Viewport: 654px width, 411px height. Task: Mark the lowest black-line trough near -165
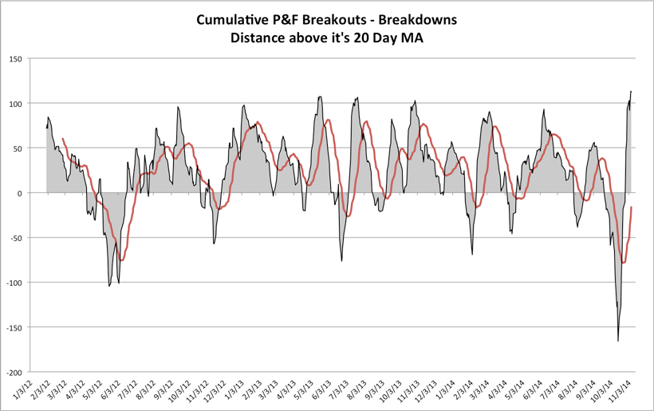point(618,341)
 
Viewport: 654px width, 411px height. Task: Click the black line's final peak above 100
point(631,92)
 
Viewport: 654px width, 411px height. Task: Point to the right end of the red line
point(631,207)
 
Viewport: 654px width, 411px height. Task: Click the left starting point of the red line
point(63,139)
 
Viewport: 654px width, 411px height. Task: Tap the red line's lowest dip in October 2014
point(623,263)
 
